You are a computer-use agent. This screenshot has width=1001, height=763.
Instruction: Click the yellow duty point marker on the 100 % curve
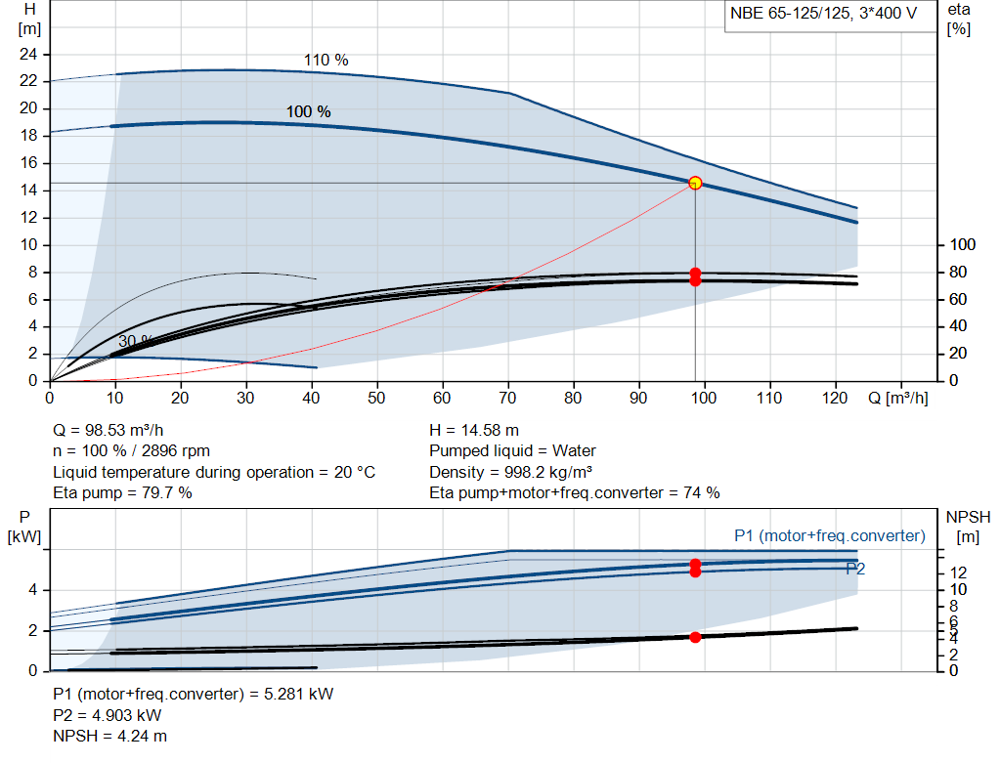[x=695, y=183]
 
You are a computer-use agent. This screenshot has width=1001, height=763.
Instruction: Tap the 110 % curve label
[x=326, y=61]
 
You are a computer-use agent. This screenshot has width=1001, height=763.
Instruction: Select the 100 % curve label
[x=308, y=112]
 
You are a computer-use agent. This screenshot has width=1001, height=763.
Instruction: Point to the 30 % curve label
[x=136, y=341]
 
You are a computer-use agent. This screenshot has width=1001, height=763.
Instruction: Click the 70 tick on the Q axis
[x=508, y=399]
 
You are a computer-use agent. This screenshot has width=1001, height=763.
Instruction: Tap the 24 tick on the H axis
[x=27, y=54]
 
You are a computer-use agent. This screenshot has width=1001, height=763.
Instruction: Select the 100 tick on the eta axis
[x=963, y=244]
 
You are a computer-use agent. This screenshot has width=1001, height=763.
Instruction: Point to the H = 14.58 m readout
[x=474, y=430]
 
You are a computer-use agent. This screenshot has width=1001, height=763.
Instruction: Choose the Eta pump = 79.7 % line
[x=122, y=492]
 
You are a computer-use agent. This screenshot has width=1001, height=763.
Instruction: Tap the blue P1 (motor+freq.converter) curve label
[x=829, y=535]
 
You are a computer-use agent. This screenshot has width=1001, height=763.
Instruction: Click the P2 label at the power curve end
[x=855, y=569]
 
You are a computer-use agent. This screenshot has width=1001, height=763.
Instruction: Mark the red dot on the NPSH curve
[x=695, y=637]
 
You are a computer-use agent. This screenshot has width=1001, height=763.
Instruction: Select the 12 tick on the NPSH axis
[x=959, y=572]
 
